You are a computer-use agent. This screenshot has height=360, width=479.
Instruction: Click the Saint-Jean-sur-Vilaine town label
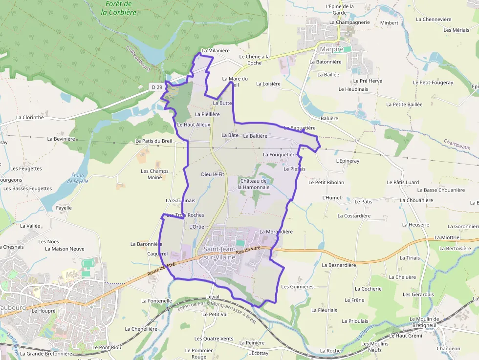(218, 253)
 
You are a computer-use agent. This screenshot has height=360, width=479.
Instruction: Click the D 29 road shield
(156, 87)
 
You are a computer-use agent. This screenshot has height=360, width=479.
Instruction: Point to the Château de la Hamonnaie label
(253, 184)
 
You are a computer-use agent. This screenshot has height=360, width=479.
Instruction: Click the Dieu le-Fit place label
(213, 174)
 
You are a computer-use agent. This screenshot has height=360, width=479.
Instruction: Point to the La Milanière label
(215, 50)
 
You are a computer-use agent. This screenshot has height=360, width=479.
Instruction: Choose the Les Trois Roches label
(185, 215)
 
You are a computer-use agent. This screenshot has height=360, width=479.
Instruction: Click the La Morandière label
(276, 232)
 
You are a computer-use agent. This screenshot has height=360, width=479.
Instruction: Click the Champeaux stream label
(457, 144)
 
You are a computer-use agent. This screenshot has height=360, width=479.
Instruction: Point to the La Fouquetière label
(280, 154)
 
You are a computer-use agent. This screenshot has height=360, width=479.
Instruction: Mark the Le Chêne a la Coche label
(254, 60)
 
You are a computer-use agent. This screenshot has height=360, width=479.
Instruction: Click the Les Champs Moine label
(154, 174)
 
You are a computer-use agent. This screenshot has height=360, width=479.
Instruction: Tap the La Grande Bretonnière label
(46, 353)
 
